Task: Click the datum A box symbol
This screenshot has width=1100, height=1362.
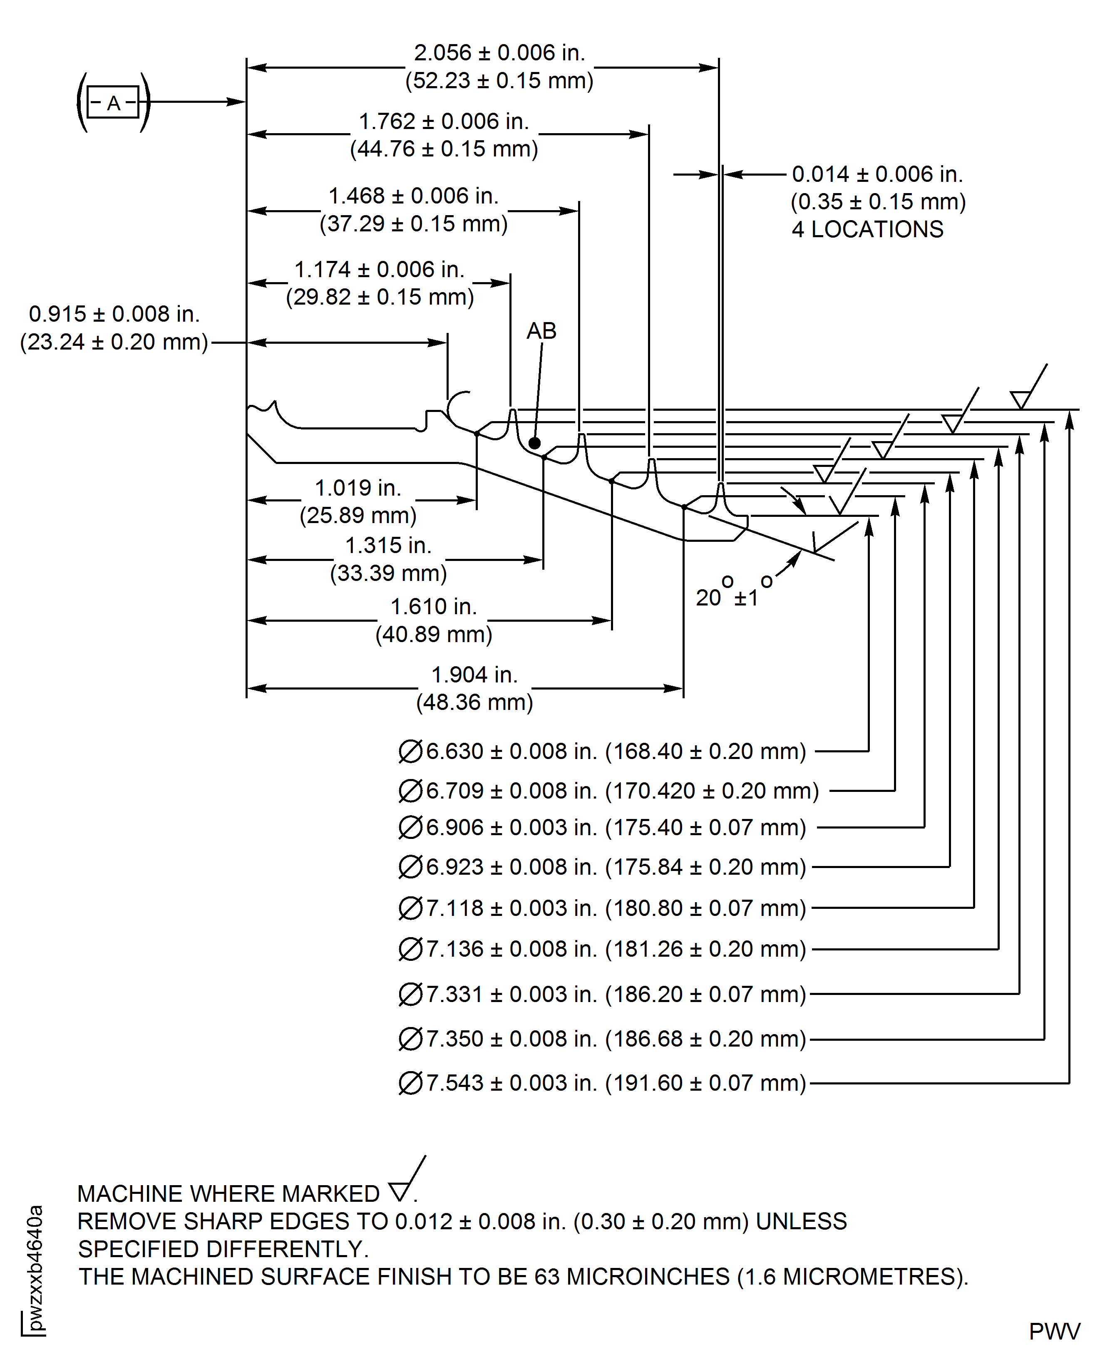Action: click(113, 102)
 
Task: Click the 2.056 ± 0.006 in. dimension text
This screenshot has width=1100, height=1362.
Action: click(499, 52)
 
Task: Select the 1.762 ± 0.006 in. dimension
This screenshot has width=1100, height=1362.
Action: click(444, 121)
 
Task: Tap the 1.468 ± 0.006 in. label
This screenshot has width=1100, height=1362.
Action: click(413, 196)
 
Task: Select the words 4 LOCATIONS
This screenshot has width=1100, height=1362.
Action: click(867, 229)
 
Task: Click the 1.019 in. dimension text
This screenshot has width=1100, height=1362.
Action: click(358, 488)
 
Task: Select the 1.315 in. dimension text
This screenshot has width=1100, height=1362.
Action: click(388, 546)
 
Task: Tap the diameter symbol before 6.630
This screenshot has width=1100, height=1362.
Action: click(410, 752)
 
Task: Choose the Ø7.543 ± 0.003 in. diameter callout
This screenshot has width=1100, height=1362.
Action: click(602, 1083)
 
